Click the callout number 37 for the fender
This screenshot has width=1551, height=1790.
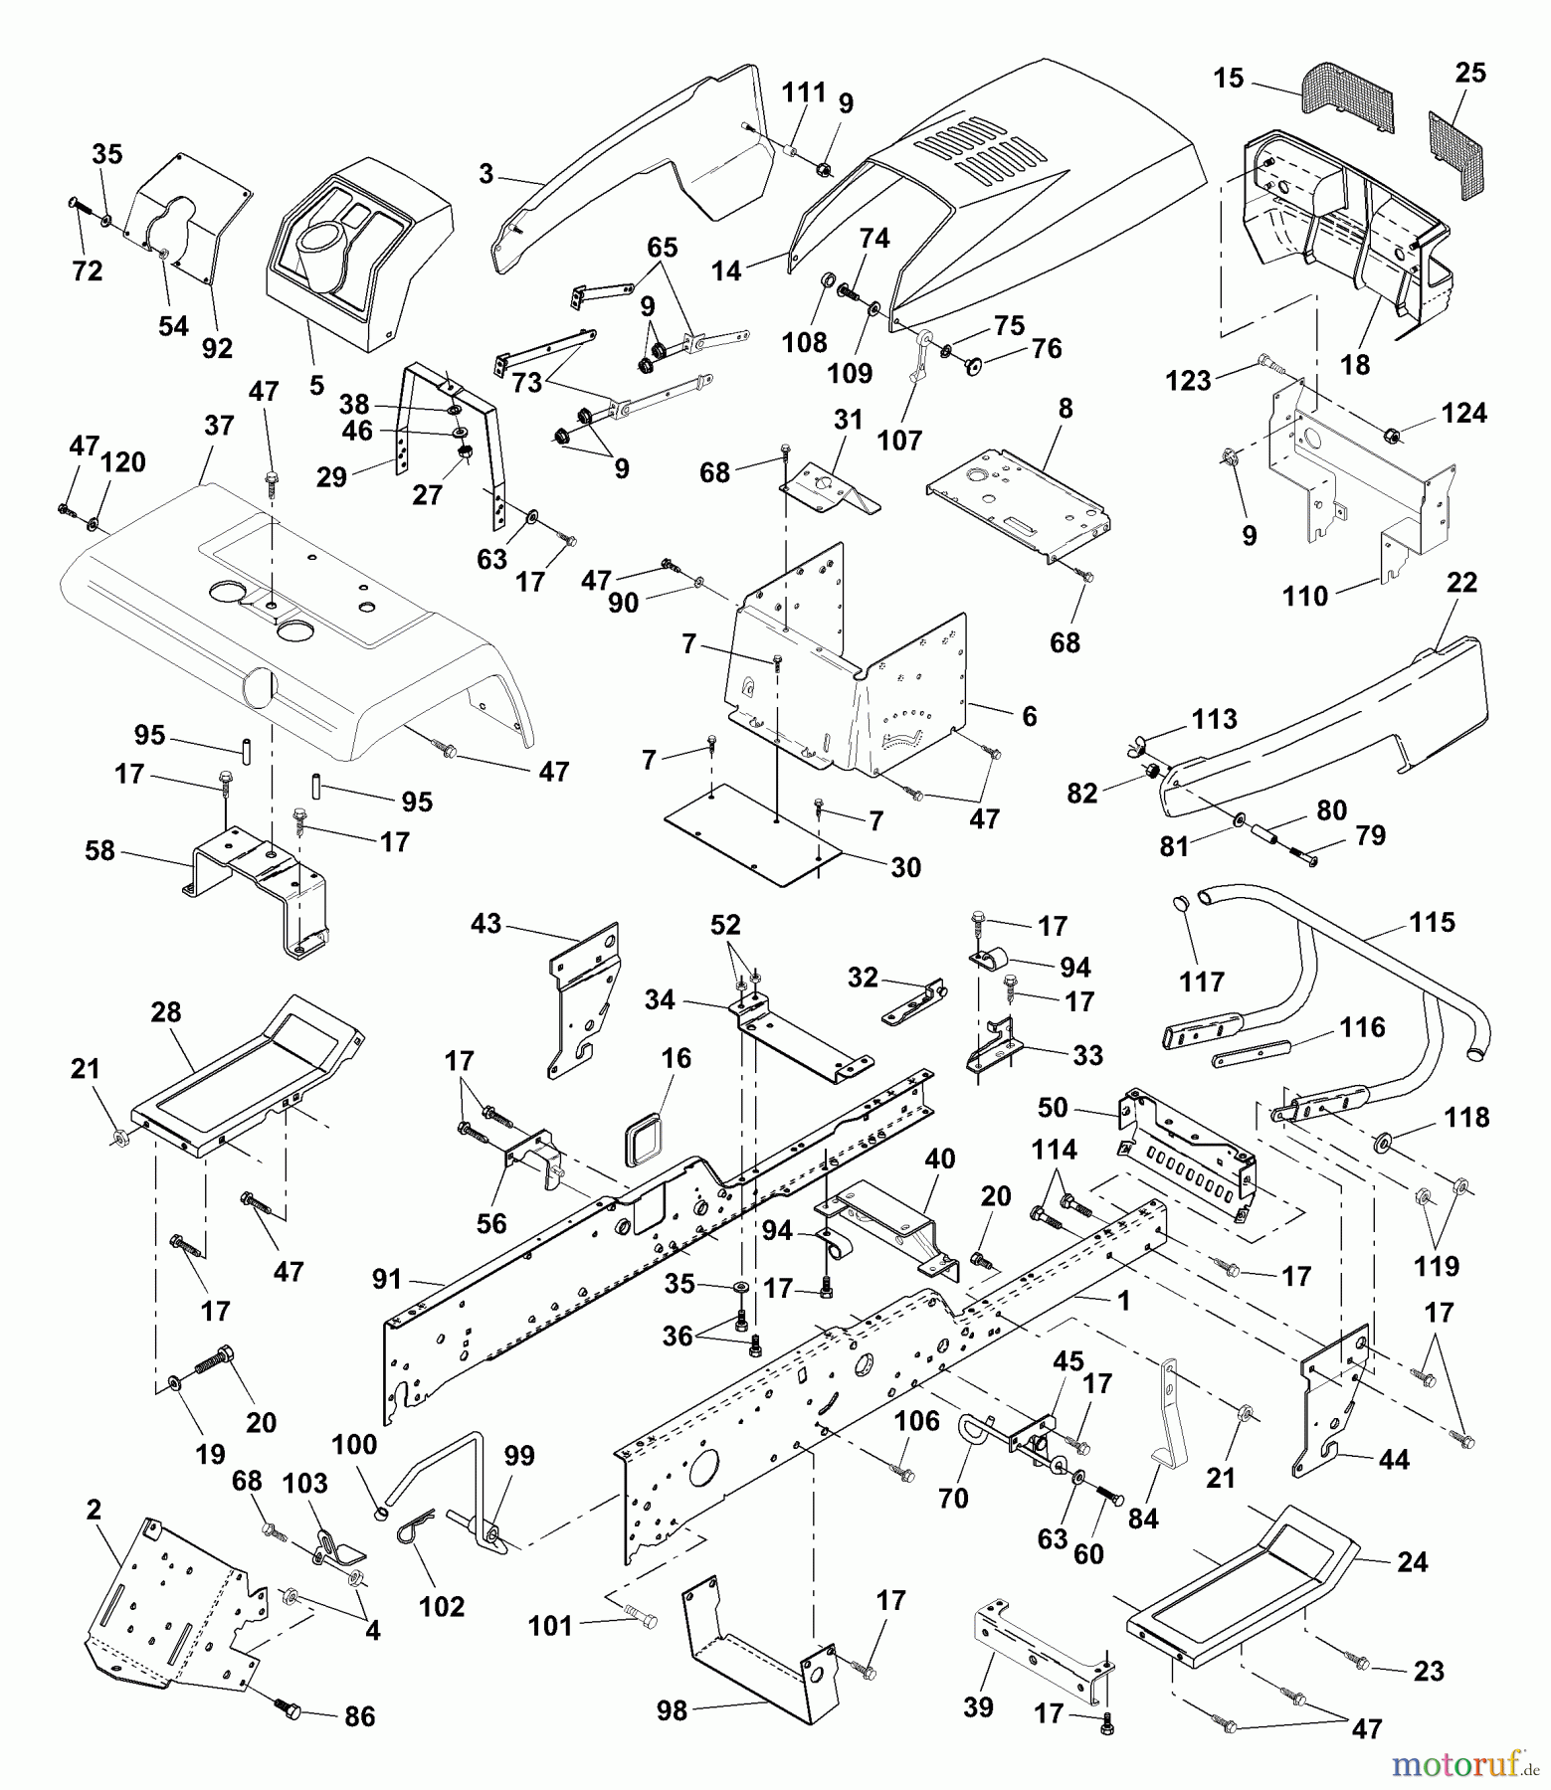tap(219, 426)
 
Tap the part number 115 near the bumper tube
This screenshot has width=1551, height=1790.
tap(1432, 922)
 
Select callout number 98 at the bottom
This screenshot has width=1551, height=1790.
tap(673, 1712)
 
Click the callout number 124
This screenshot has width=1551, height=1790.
tap(1464, 413)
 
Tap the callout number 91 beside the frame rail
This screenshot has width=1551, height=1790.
tap(387, 1279)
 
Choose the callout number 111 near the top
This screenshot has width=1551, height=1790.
tap(804, 92)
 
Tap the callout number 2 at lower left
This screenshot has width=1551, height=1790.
tap(94, 1511)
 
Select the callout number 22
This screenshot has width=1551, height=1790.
tap(1461, 583)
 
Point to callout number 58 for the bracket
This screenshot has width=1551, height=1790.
tap(100, 850)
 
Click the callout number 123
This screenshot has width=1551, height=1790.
tap(1189, 380)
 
